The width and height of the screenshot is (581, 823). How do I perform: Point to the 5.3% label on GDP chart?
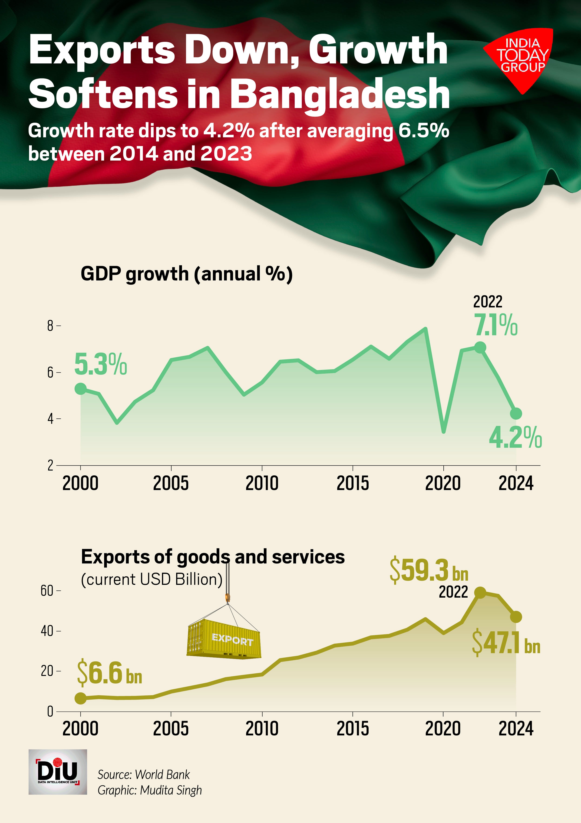[x=100, y=364]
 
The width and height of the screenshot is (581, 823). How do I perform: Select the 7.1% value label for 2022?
[x=496, y=325]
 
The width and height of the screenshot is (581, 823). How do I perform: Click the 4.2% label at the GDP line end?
[x=515, y=438]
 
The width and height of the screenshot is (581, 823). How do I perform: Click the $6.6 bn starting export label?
[x=109, y=673]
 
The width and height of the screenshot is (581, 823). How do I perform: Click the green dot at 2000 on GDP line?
[x=81, y=388]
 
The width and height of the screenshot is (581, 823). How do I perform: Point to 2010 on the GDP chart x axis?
[x=262, y=483]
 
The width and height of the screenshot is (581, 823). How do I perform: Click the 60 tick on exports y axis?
[x=47, y=591]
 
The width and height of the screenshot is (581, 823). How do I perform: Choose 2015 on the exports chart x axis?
[x=353, y=729]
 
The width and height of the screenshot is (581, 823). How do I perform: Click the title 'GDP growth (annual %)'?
[x=186, y=274]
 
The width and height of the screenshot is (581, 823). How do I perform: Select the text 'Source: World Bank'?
[x=143, y=775]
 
